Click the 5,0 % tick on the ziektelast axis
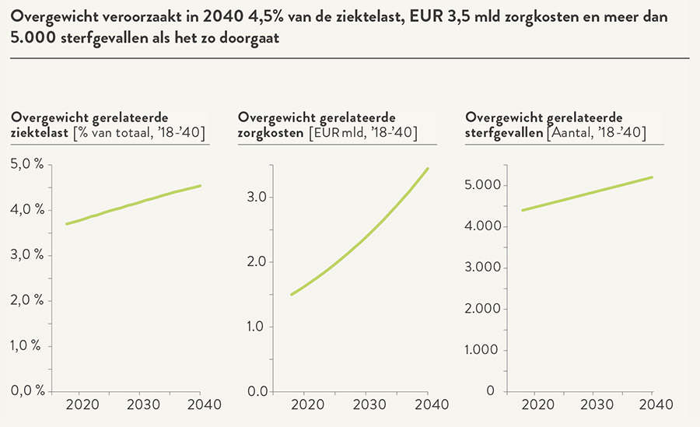(26, 164)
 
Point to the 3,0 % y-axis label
(26, 255)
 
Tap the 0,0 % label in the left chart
(26, 390)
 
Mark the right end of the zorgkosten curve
(428, 168)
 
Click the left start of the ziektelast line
(67, 224)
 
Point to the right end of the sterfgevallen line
(652, 177)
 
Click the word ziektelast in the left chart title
(40, 133)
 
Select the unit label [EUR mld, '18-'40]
(362, 133)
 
